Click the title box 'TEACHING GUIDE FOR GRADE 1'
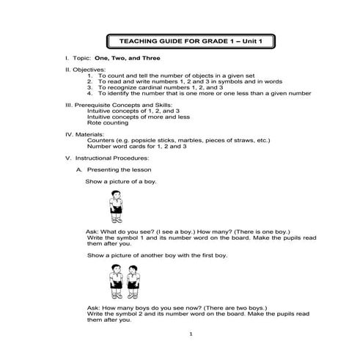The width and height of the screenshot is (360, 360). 190,41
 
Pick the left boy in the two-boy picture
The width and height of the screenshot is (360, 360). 114,279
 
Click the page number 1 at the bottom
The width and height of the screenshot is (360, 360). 190,335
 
